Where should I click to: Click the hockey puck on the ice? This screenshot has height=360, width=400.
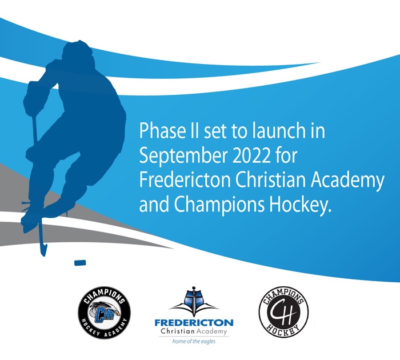[80, 262]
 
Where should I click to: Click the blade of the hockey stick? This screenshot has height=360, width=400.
[43, 248]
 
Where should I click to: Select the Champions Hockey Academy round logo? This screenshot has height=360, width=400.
[104, 313]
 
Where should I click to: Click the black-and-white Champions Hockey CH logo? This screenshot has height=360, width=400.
[283, 312]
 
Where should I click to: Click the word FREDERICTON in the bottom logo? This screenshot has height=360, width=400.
[194, 323]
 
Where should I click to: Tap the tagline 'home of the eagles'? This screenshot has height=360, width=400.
[194, 341]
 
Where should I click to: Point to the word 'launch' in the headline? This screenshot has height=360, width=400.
[278, 130]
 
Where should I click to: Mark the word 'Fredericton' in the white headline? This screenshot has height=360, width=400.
[185, 180]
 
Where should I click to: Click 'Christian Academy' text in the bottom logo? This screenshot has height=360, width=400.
[194, 331]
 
